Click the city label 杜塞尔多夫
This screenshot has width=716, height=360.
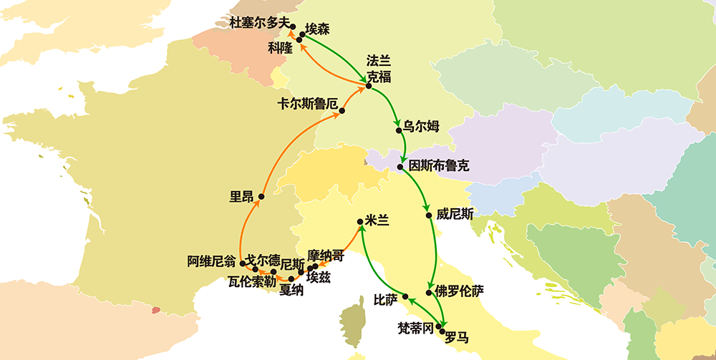(258, 23)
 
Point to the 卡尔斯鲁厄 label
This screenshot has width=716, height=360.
(307, 103)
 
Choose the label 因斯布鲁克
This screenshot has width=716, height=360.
(438, 166)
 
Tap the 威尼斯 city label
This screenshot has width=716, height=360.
(454, 213)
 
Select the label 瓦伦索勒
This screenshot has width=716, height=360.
(251, 281)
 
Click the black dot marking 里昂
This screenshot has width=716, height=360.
(261, 196)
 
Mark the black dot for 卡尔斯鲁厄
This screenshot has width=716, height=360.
(342, 111)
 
